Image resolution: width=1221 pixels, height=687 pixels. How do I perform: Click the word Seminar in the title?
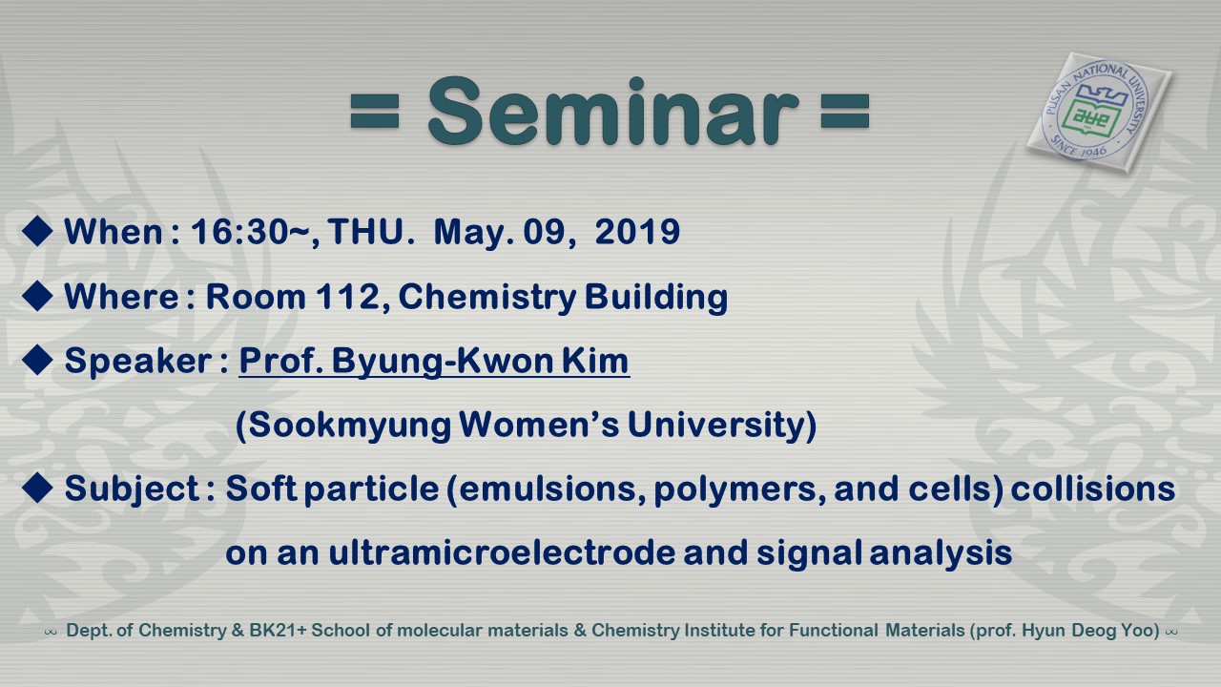(613, 112)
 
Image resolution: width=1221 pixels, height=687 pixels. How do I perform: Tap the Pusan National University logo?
(1098, 113)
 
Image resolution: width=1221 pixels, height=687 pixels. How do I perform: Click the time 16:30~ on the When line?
(250, 232)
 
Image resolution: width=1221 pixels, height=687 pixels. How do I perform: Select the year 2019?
(637, 231)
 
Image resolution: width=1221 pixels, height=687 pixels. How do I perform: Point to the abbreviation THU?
(366, 231)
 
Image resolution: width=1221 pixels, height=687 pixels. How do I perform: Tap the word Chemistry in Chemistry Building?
(487, 298)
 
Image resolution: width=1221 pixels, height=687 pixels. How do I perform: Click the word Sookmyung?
(350, 426)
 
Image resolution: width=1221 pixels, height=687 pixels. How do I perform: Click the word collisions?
(1093, 488)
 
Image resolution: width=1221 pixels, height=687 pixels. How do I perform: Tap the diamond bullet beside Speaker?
(37, 360)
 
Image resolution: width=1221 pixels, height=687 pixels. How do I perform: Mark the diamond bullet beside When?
(37, 231)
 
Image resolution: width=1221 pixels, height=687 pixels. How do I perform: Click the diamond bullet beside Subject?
(37, 488)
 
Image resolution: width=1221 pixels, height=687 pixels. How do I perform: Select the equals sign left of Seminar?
(375, 112)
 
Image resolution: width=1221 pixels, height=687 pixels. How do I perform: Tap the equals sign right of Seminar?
(845, 112)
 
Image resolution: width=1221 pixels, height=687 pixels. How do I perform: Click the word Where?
(121, 297)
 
